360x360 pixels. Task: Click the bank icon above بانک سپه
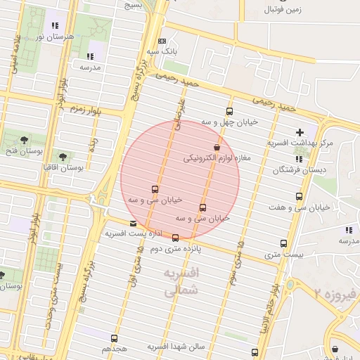click(x=162, y=41)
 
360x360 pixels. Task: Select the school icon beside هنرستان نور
click(x=56, y=26)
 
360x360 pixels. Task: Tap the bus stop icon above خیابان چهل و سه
click(x=229, y=111)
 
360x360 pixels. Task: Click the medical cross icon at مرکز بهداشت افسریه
click(x=300, y=132)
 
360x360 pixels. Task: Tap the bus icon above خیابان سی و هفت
click(x=300, y=197)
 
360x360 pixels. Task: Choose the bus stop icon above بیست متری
click(x=283, y=243)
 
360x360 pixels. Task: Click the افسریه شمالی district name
click(x=181, y=281)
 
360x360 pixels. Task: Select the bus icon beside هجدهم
click(x=115, y=337)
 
